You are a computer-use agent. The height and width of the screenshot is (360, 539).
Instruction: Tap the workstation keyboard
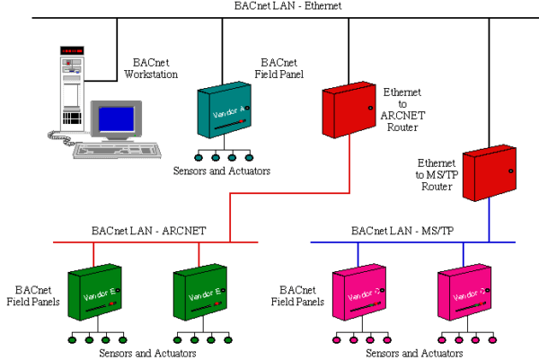[x=117, y=150]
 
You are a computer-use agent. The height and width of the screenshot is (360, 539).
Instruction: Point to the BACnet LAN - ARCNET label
[x=149, y=231]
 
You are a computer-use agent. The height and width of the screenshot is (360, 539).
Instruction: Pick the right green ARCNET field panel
[x=197, y=291]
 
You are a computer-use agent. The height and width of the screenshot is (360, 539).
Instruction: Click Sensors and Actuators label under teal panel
[x=223, y=171]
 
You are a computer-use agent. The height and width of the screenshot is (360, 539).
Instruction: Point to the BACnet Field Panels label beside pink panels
[x=300, y=296]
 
